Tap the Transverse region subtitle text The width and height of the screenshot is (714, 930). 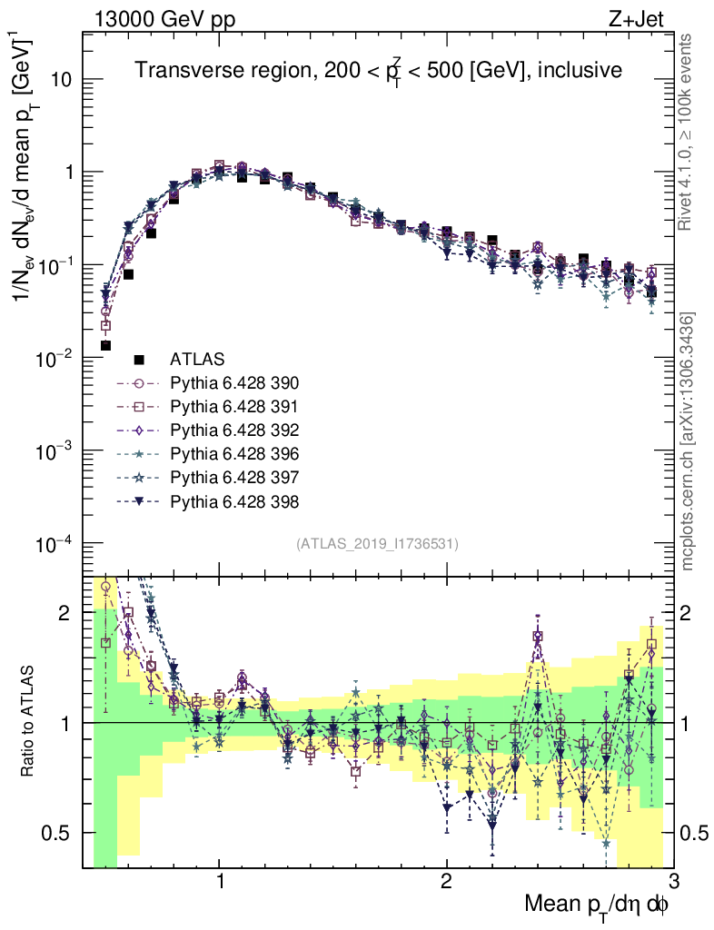378,72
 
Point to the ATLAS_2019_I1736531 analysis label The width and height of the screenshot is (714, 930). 377,544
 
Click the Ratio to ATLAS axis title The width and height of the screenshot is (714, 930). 30,723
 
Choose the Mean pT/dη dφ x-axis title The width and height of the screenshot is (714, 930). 597,905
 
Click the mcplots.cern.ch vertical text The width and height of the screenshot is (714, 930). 689,441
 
